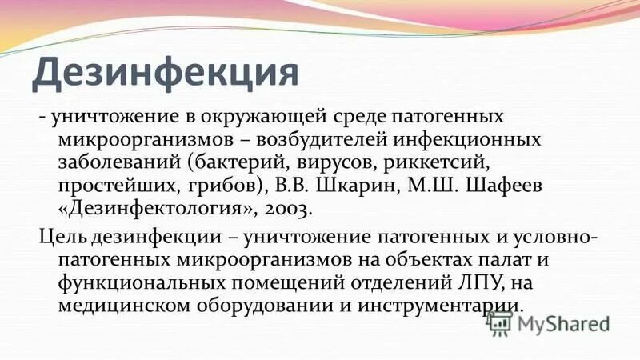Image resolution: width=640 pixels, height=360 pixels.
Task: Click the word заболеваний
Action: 114,164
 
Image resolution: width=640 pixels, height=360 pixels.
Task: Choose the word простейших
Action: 111,187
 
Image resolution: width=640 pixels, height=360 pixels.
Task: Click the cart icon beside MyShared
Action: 498,323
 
